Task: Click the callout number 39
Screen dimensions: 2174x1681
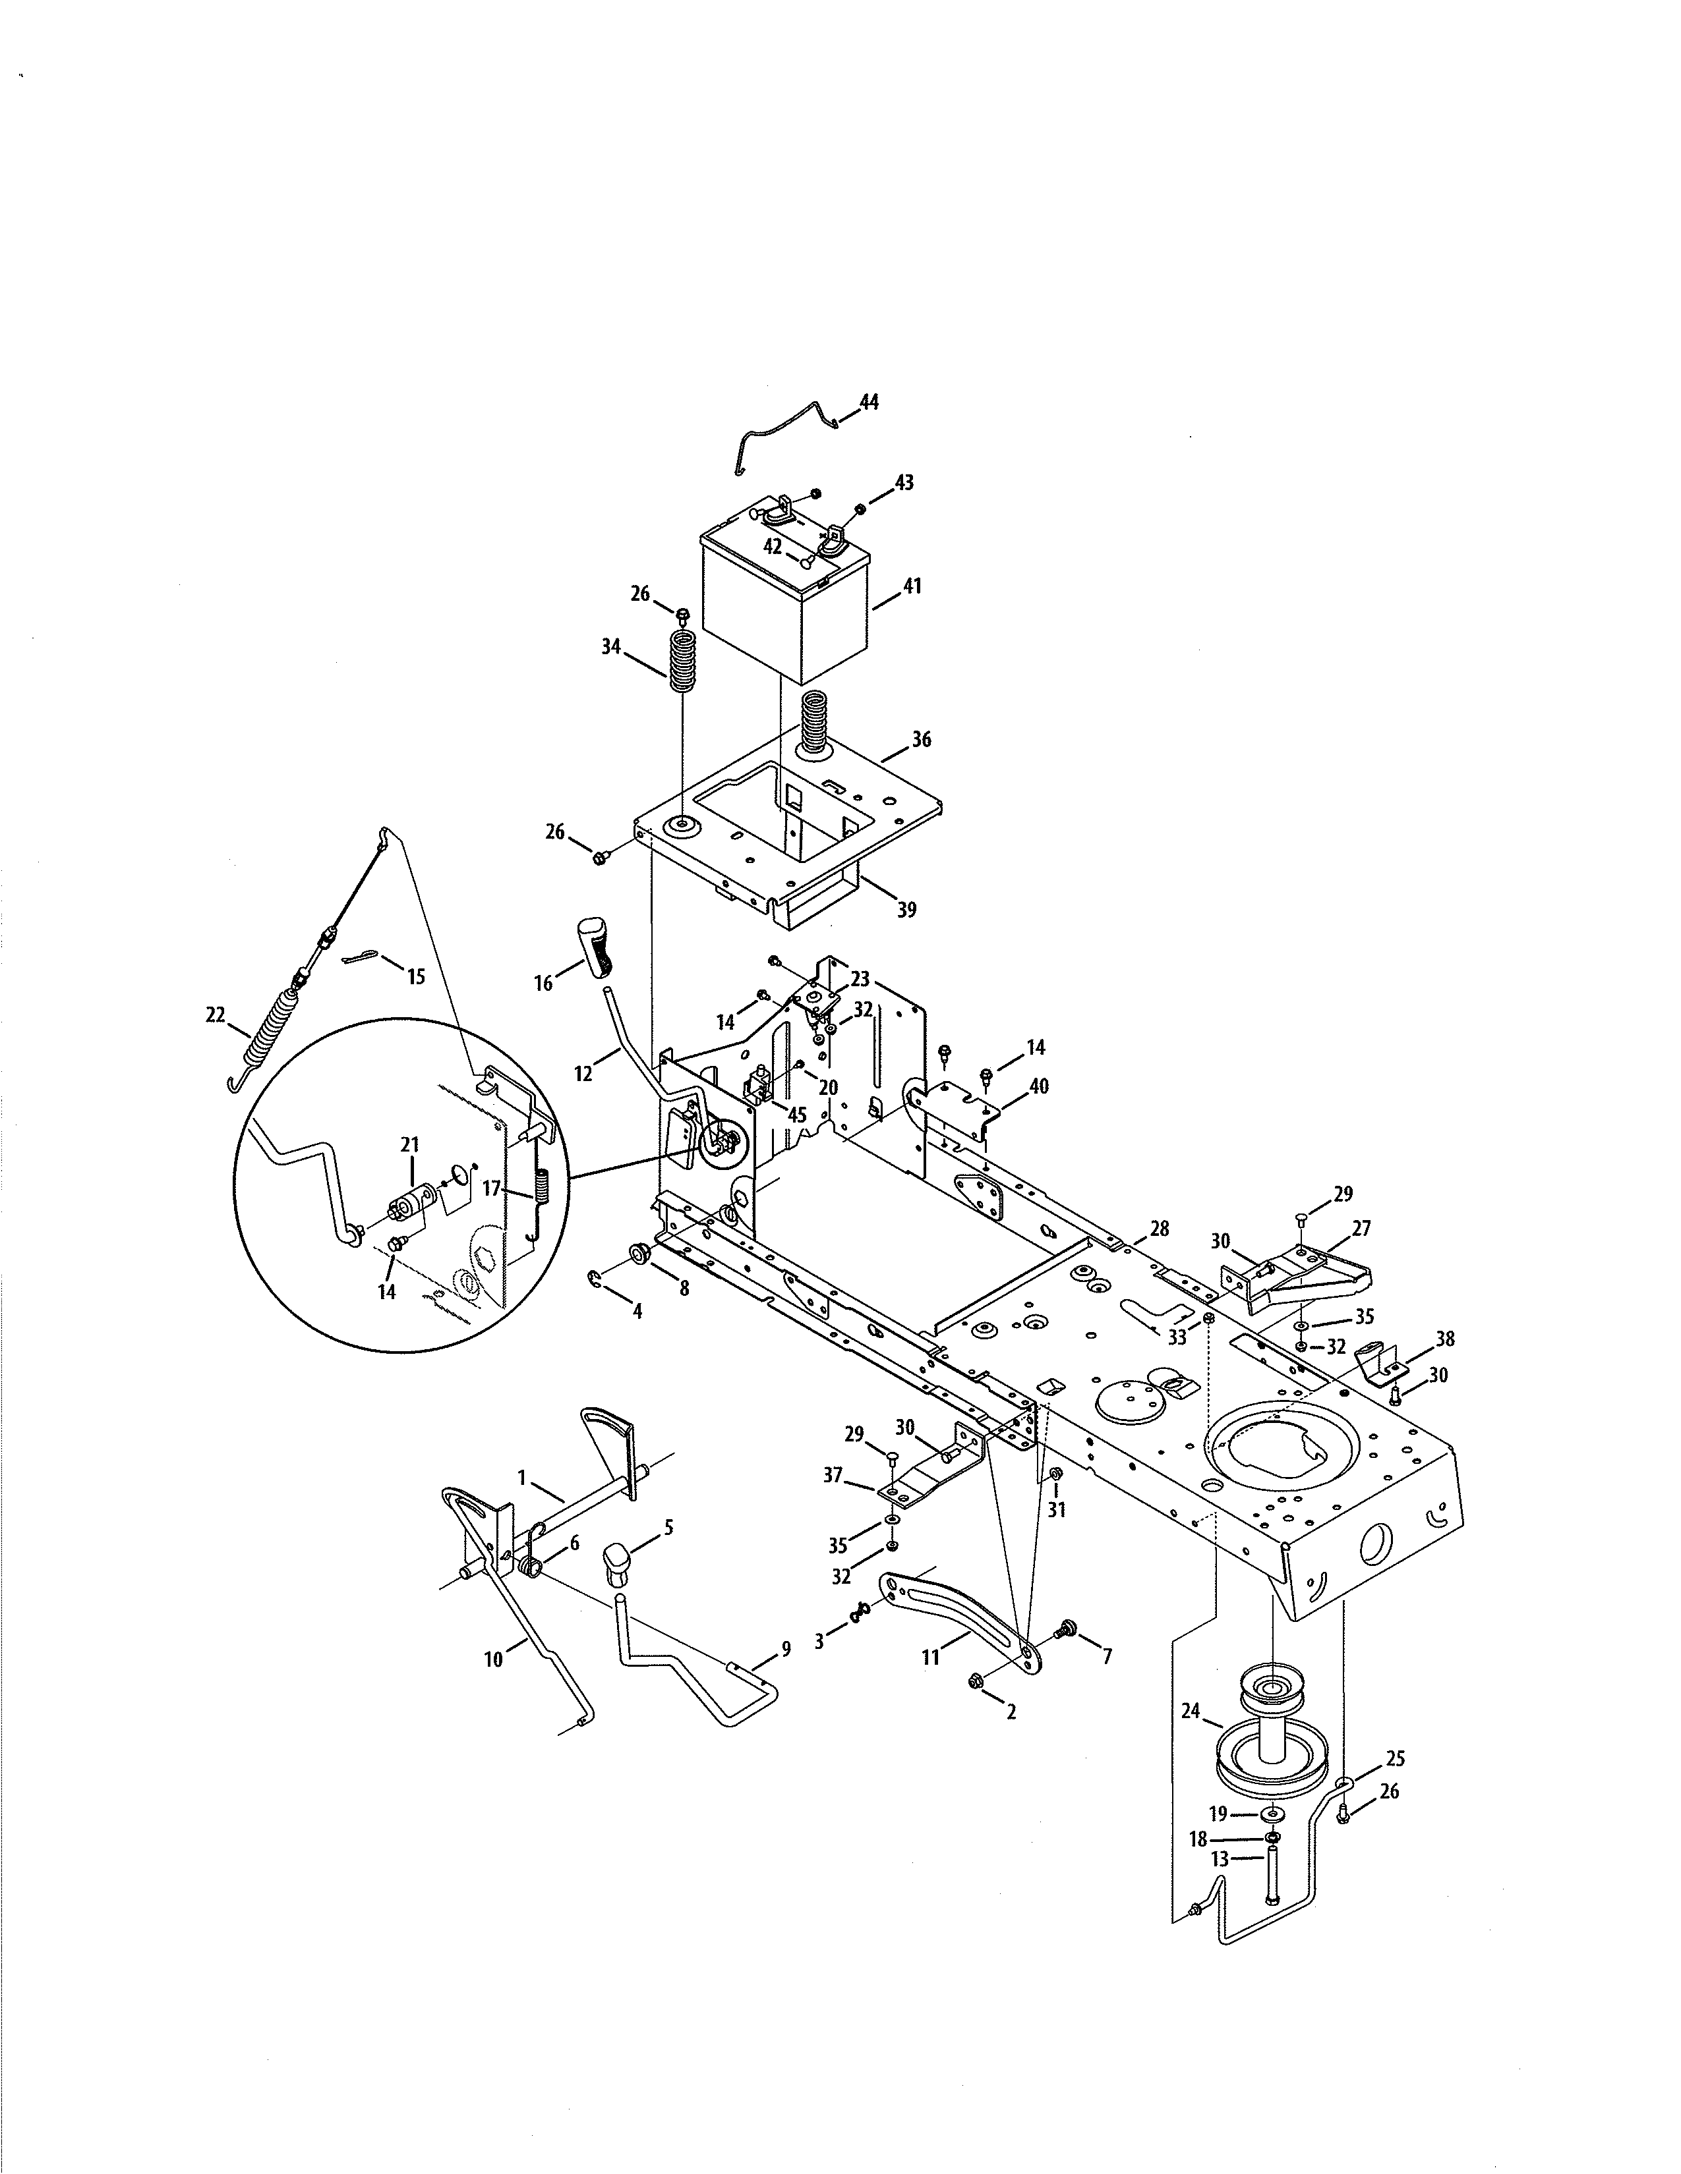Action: point(906,910)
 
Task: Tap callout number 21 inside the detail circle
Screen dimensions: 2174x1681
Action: point(409,1145)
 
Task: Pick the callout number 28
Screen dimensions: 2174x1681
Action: point(1158,1229)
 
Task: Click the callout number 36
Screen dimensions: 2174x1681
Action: point(921,740)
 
